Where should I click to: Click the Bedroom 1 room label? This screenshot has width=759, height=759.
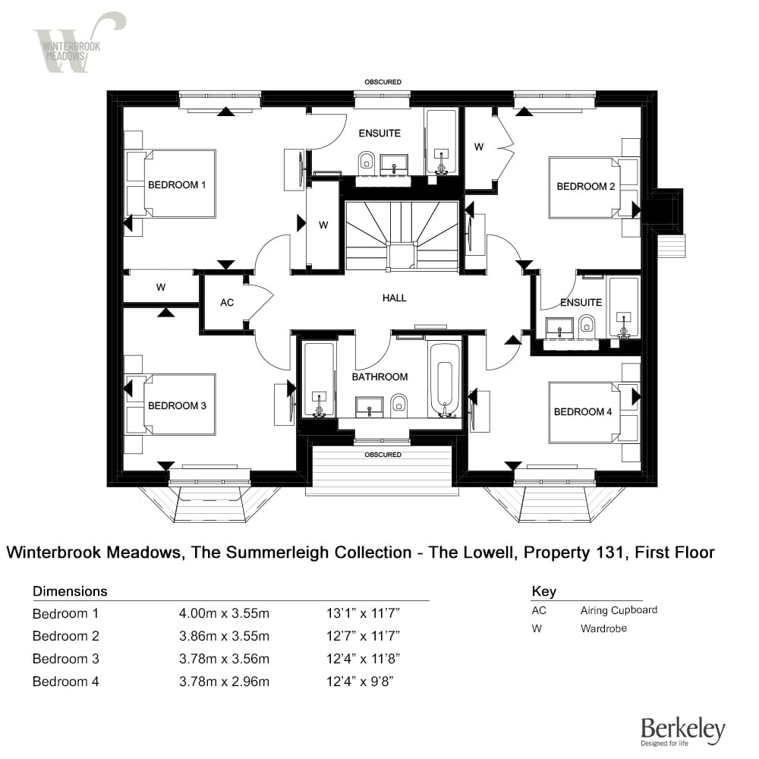(177, 184)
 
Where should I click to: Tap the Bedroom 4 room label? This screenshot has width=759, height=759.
(583, 411)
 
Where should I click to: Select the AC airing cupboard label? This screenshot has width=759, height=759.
(226, 302)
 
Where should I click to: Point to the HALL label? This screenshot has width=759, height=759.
(395, 298)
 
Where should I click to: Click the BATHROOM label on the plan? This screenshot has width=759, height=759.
(379, 376)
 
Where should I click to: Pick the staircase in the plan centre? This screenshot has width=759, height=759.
(402, 235)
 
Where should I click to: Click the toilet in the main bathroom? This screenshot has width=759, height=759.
(399, 407)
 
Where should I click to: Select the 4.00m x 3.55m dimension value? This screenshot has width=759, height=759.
(224, 613)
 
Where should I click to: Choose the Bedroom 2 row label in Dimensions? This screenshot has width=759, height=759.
(66, 636)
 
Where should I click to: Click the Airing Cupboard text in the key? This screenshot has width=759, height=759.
(619, 610)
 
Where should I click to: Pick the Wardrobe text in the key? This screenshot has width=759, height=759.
(603, 628)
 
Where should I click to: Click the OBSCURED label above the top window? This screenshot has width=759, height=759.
(383, 82)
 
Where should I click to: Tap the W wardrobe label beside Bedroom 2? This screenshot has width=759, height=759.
(479, 147)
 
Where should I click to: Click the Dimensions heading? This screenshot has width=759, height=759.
(70, 591)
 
